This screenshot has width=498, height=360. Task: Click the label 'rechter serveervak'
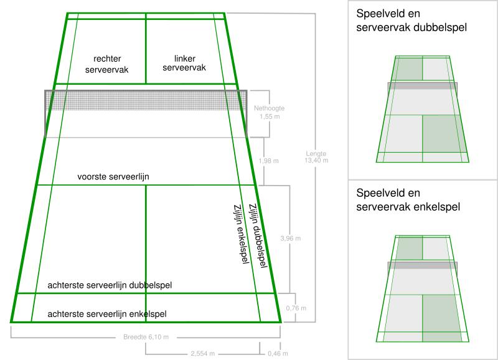pyautogui.click(x=107, y=65)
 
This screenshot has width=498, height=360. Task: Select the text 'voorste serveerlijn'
pyautogui.click(x=113, y=177)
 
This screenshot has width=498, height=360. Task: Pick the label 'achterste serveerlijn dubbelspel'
pyautogui.click(x=110, y=285)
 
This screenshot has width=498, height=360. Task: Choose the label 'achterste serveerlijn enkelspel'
pyautogui.click(x=106, y=314)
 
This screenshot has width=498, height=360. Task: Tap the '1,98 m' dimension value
pyautogui.click(x=268, y=161)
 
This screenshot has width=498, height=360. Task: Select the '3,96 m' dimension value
pyautogui.click(x=291, y=239)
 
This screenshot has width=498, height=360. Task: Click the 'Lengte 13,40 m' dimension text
pyautogui.click(x=316, y=157)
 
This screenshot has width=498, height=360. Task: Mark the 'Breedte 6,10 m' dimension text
pyautogui.click(x=146, y=338)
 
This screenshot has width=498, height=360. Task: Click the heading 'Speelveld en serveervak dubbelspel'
pyautogui.click(x=411, y=21)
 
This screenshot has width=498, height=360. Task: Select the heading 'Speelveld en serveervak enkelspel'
pyautogui.click(x=408, y=200)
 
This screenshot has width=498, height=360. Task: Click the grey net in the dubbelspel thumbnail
pyautogui.click(x=423, y=86)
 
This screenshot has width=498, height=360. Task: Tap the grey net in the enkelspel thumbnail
pyautogui.click(x=423, y=265)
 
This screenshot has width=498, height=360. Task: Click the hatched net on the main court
pyautogui.click(x=146, y=101)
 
